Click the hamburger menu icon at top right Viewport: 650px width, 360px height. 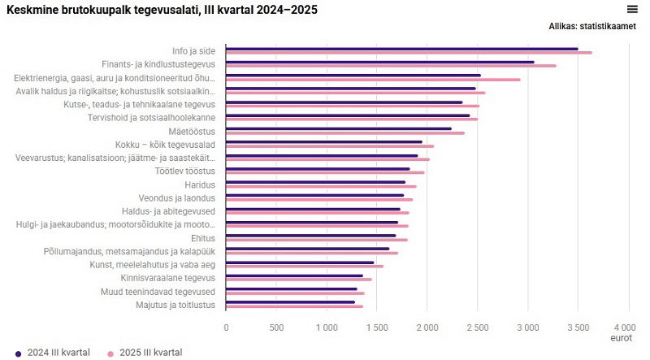[632, 9]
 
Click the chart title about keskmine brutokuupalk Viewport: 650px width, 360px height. [162, 10]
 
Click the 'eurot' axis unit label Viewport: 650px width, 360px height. [622, 336]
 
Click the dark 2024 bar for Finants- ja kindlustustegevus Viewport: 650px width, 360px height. [380, 62]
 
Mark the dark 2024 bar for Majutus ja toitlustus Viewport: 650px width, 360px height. [291, 302]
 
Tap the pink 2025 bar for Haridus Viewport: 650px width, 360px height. [321, 186]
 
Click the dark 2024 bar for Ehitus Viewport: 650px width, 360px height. [311, 236]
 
